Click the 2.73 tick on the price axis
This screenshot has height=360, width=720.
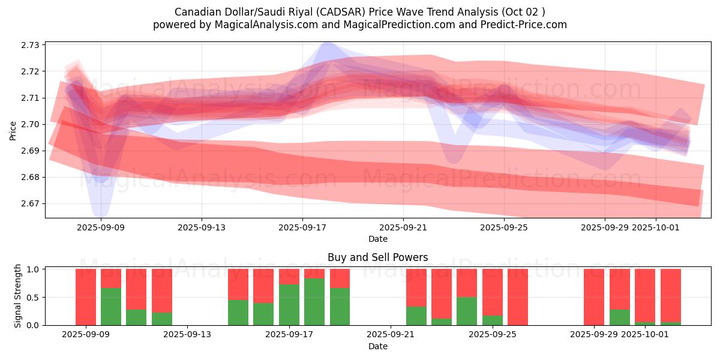[30, 45]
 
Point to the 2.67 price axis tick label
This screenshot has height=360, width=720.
[30, 203]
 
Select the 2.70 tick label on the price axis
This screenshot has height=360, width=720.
[30, 124]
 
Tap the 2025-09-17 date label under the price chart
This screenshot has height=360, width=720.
[302, 227]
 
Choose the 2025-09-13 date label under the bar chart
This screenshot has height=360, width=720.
[188, 335]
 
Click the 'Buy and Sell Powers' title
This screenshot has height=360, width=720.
[377, 257]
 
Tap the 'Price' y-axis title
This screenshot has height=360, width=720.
[13, 130]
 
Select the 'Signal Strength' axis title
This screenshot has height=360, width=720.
[18, 296]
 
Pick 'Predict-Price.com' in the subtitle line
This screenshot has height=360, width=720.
[527, 25]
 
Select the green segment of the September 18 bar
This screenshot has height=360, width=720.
[314, 301]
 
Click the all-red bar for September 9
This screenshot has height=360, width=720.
[86, 297]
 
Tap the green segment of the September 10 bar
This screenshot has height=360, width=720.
[111, 306]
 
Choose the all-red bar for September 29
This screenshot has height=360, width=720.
[594, 297]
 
